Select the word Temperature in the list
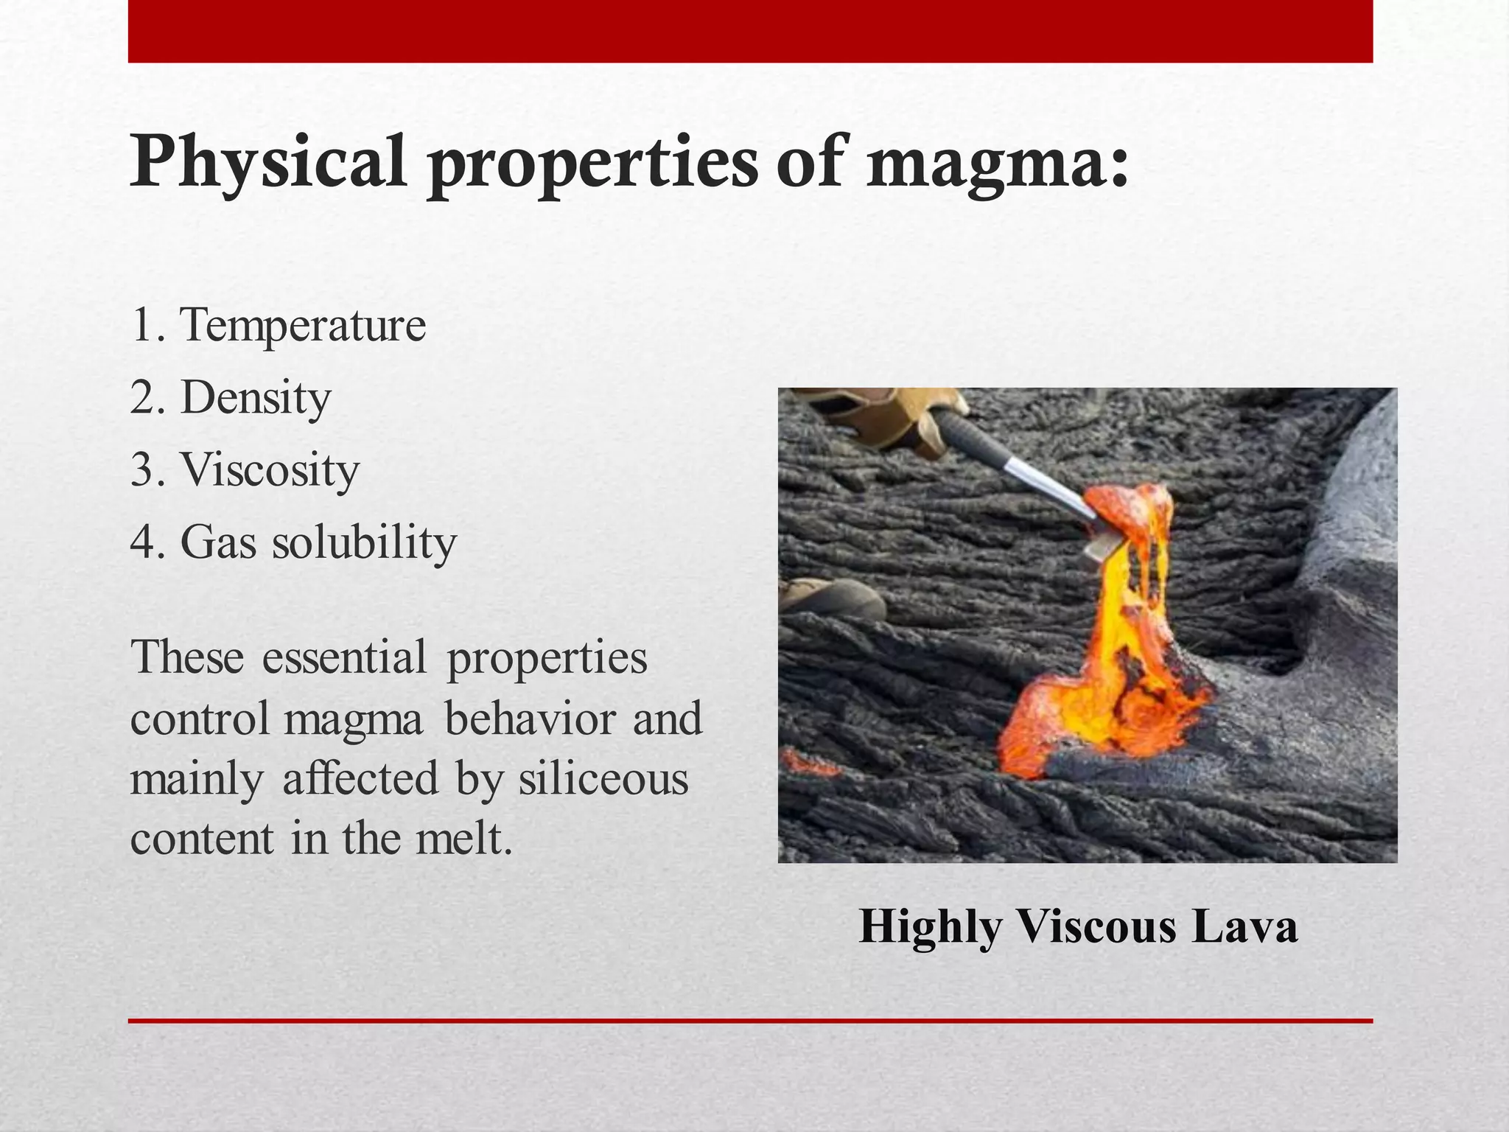(x=303, y=325)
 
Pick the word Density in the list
(x=256, y=398)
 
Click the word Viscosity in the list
(x=270, y=469)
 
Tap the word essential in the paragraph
(x=344, y=657)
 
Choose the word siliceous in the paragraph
(x=603, y=779)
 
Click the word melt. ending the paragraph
(x=463, y=839)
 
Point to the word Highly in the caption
(x=930, y=927)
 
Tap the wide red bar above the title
(x=750, y=31)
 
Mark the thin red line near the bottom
(x=750, y=1021)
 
